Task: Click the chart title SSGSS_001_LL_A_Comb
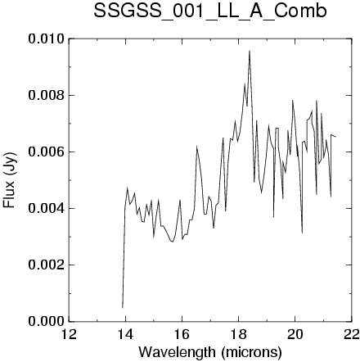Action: coord(210,11)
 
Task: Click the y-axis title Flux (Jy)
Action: coord(10,180)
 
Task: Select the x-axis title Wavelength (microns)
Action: coord(210,351)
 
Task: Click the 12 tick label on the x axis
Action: coord(69,334)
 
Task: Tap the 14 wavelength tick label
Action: coord(125,334)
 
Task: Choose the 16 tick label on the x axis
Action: coord(182,334)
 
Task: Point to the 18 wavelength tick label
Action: coord(238,334)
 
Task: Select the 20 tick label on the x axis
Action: coord(295,334)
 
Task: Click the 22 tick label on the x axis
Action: coord(352,334)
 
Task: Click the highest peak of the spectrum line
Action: coord(250,51)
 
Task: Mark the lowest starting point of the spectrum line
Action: coord(123,308)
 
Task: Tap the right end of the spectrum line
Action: coord(335,137)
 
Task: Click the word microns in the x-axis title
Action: coord(251,352)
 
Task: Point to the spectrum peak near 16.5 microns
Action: coord(196,147)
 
